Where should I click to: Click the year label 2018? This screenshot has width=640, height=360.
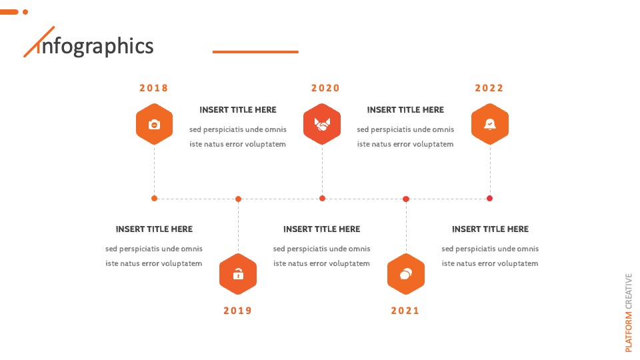tap(154, 88)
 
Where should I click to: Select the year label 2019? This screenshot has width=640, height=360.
tap(237, 311)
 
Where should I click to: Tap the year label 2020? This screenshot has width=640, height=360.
tap(325, 88)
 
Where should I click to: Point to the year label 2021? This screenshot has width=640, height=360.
tap(405, 311)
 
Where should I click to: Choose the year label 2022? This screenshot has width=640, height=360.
tap(489, 88)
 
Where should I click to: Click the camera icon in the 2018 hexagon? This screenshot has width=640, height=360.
tap(154, 124)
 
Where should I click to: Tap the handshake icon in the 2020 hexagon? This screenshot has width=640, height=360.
tap(322, 124)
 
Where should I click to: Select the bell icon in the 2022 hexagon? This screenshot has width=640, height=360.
tap(490, 124)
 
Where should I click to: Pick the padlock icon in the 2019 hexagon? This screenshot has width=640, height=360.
tap(239, 274)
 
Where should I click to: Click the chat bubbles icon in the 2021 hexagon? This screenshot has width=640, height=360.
tap(406, 274)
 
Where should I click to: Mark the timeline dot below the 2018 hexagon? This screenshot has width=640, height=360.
tap(154, 199)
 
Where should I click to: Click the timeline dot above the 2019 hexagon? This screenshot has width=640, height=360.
tap(239, 199)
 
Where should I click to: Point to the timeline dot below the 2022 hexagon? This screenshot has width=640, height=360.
tap(490, 199)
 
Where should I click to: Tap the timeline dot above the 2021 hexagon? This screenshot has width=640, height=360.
tap(406, 199)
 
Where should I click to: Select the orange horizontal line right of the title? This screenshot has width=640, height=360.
tap(255, 52)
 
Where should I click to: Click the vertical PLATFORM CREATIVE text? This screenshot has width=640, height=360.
tap(629, 313)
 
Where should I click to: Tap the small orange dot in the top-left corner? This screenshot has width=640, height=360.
tap(25, 12)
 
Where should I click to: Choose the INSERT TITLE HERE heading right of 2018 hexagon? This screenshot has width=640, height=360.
tap(238, 110)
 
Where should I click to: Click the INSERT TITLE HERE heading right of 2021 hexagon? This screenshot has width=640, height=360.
tap(490, 229)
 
